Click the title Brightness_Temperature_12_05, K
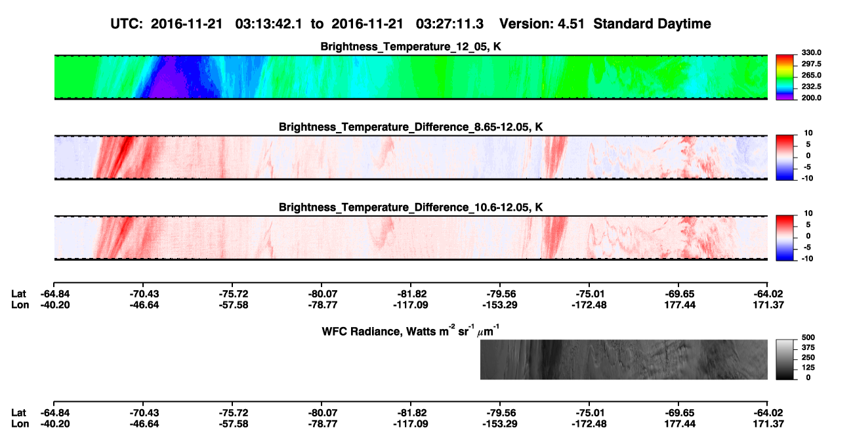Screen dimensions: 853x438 point(411,47)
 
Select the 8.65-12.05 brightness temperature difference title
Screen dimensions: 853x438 point(411,127)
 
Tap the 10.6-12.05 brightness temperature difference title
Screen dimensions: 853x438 point(411,208)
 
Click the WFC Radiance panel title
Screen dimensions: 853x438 point(410,331)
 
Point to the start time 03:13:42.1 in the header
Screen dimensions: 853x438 point(268,24)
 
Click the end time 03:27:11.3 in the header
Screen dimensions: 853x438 point(449,24)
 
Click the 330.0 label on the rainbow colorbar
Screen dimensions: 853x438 point(811,53)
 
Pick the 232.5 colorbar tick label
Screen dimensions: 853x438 point(811,87)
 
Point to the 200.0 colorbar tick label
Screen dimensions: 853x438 point(811,98)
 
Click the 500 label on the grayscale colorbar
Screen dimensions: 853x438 point(808,338)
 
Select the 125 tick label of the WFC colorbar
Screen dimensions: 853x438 point(808,368)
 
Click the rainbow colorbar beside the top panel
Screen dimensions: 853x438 point(785,77)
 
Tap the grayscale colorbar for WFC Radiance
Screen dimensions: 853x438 point(785,359)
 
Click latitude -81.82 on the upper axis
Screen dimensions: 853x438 point(411,294)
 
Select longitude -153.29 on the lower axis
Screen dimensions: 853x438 point(499,424)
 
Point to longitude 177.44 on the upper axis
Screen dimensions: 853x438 point(680,305)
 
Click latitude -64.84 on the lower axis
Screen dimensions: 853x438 point(55,413)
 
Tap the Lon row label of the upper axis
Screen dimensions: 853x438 point(20,305)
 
